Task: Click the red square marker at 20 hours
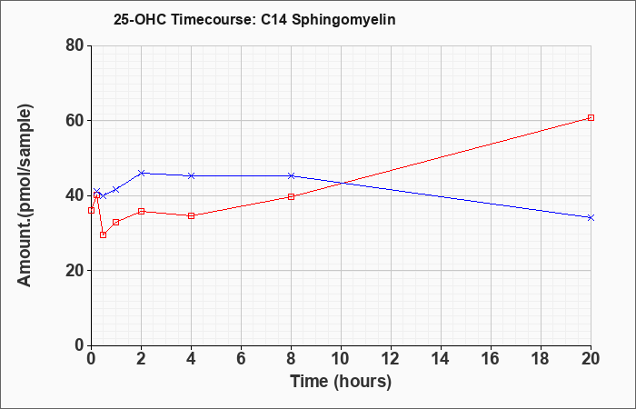pyautogui.click(x=591, y=117)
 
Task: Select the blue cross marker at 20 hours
pyautogui.click(x=591, y=218)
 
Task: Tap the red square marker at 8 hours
pyautogui.click(x=291, y=197)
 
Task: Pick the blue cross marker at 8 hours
pyautogui.click(x=291, y=175)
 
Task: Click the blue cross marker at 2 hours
pyautogui.click(x=141, y=173)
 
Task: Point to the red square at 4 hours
pyautogui.click(x=191, y=215)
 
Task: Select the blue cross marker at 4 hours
pyautogui.click(x=191, y=175)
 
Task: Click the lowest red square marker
pyautogui.click(x=103, y=234)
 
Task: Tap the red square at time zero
pyautogui.click(x=91, y=210)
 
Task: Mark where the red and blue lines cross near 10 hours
pyautogui.click(x=342, y=183)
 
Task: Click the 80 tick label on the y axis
pyautogui.click(x=75, y=45)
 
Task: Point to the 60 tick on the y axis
pyautogui.click(x=75, y=121)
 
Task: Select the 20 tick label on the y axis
pyautogui.click(x=75, y=271)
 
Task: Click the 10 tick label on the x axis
pyautogui.click(x=341, y=359)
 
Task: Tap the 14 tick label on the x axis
pyautogui.click(x=441, y=359)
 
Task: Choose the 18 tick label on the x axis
pyautogui.click(x=541, y=359)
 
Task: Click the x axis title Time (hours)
pyautogui.click(x=341, y=382)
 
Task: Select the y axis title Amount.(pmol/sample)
pyautogui.click(x=25, y=195)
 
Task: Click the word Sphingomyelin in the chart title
pyautogui.click(x=343, y=20)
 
